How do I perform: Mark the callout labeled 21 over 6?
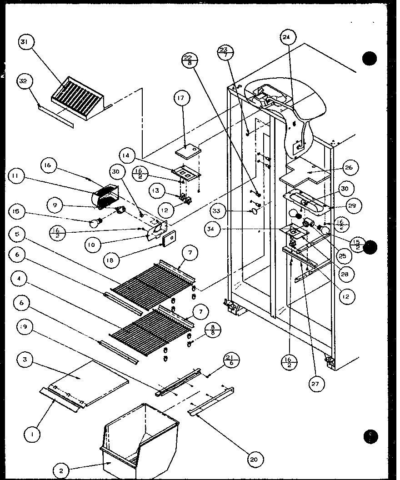coord(231,362)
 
